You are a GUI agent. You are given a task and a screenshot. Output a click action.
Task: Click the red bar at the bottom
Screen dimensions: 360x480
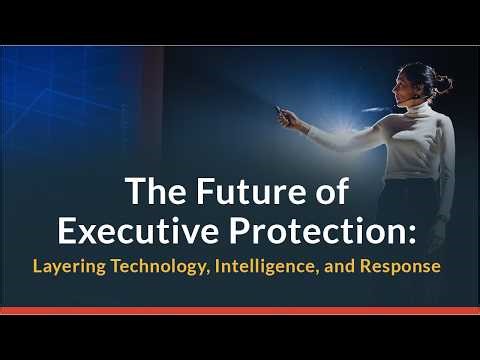point(240,311)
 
